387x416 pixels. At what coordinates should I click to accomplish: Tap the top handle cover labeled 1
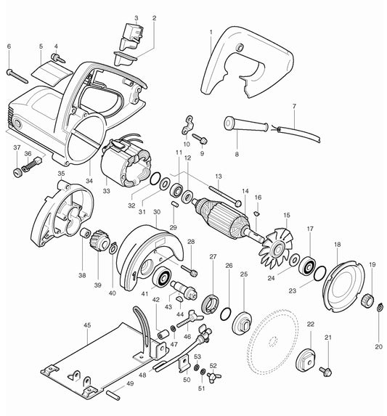243,58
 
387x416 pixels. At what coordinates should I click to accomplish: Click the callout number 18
337,246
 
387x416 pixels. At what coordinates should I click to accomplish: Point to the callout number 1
211,32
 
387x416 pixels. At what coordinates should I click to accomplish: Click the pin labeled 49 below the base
113,395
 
